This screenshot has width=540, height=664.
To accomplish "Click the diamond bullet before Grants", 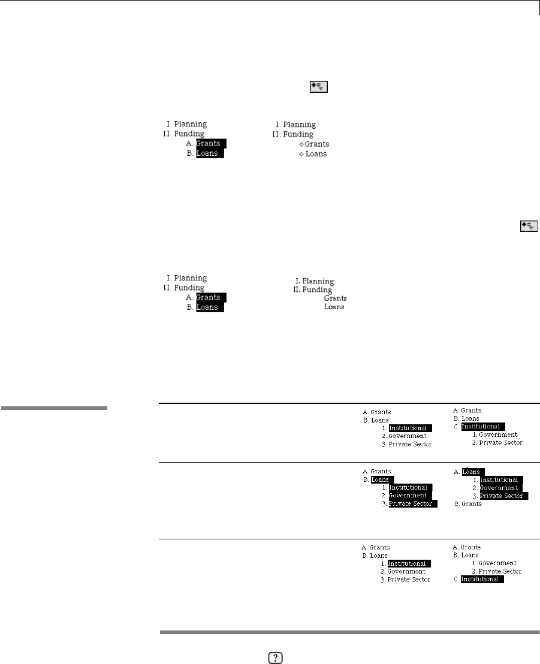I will [x=301, y=144].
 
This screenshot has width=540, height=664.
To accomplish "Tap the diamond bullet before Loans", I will [x=301, y=155].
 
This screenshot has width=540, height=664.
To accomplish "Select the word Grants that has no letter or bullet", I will [x=335, y=298].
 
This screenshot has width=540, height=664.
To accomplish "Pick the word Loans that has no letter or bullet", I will [x=334, y=307].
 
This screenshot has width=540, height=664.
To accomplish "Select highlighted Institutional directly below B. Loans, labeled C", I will [x=484, y=426].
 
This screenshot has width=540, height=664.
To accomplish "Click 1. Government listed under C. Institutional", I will [x=497, y=434].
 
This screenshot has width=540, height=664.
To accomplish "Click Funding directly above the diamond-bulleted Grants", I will [x=298, y=135].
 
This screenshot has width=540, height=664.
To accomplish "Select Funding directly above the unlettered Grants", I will [x=316, y=290].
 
